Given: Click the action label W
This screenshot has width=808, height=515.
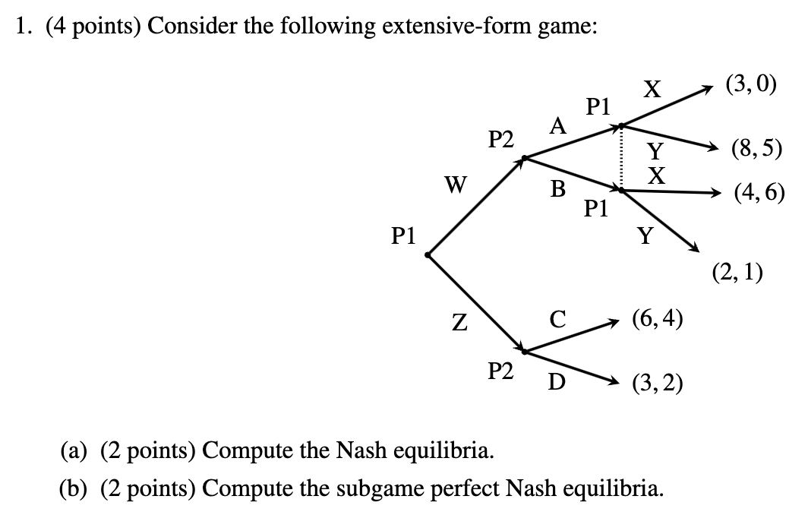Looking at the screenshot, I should coord(457,185).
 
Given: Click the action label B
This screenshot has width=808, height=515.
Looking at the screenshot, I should coord(558,189).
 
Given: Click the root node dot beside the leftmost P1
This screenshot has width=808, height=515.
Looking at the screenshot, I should coord(428,256).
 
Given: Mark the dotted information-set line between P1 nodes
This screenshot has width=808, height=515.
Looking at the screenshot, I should coord(621,158).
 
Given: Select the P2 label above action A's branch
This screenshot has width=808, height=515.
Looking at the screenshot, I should coord(500,139).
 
